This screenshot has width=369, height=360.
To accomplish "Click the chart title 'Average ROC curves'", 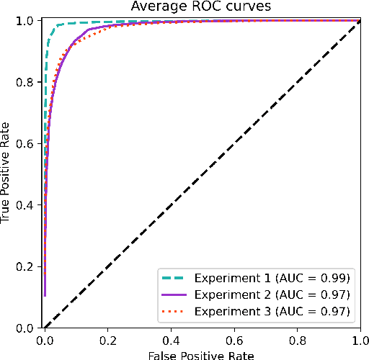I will point(201,7).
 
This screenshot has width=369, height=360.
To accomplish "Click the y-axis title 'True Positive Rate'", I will point(7,175).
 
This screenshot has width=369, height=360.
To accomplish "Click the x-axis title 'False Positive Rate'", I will point(201,354).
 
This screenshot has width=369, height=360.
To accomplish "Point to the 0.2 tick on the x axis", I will point(109,339).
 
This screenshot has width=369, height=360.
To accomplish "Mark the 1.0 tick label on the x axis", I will point(359,339).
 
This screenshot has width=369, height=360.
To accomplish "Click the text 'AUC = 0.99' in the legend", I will point(319,277).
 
